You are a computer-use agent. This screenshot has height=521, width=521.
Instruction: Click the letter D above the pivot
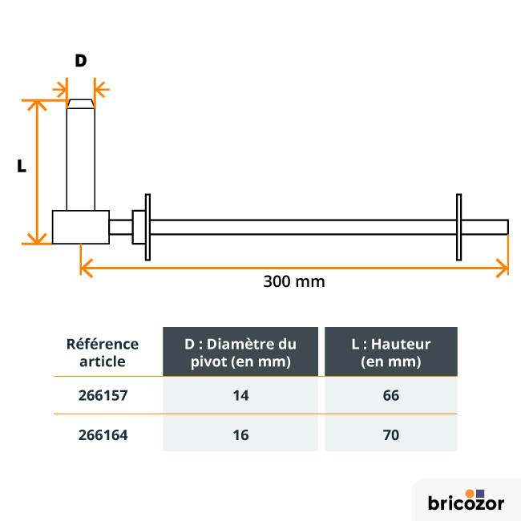[x=81, y=60]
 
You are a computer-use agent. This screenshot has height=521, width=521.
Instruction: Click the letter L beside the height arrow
[x=22, y=165]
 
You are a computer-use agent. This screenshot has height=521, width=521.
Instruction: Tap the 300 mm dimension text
[x=294, y=281]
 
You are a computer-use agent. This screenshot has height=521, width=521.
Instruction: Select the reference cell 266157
[x=103, y=395]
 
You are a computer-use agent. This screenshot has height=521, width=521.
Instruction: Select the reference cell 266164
[x=103, y=435]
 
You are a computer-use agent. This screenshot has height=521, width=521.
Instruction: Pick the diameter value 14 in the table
[x=240, y=395]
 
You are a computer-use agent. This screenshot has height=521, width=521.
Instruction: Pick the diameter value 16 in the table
[x=240, y=435]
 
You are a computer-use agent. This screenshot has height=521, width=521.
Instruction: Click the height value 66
[x=391, y=395]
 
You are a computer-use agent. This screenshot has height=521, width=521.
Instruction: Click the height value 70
[x=391, y=435]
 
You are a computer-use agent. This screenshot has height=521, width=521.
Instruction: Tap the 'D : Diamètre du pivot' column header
[x=240, y=352]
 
